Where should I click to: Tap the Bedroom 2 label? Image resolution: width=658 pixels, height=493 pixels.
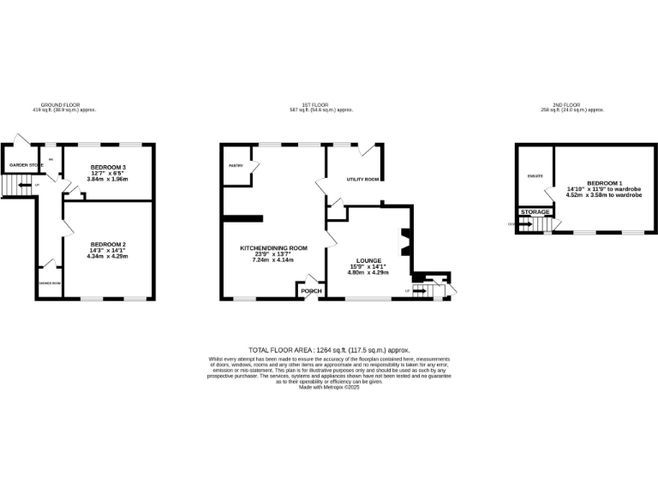coord(108,244)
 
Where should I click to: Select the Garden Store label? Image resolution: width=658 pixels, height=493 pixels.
coord(26,164)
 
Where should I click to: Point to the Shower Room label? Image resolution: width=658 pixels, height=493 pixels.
coord(50,283)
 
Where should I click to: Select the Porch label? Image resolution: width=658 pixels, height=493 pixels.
coord(311,291)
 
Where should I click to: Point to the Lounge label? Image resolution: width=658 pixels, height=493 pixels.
coord(368,260)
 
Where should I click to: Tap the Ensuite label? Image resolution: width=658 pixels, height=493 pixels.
coord(534,176)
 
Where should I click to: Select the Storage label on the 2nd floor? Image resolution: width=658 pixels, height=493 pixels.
coord(535,211)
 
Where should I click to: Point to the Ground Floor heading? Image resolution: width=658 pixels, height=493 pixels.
coord(64,105)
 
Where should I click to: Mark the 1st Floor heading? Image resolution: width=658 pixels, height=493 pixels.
coord(321,105)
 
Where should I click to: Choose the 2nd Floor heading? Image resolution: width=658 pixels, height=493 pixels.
coord(572,105)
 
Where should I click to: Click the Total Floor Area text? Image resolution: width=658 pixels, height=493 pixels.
coord(329,350)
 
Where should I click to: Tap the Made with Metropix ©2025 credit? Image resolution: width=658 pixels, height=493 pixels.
coord(329,387)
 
